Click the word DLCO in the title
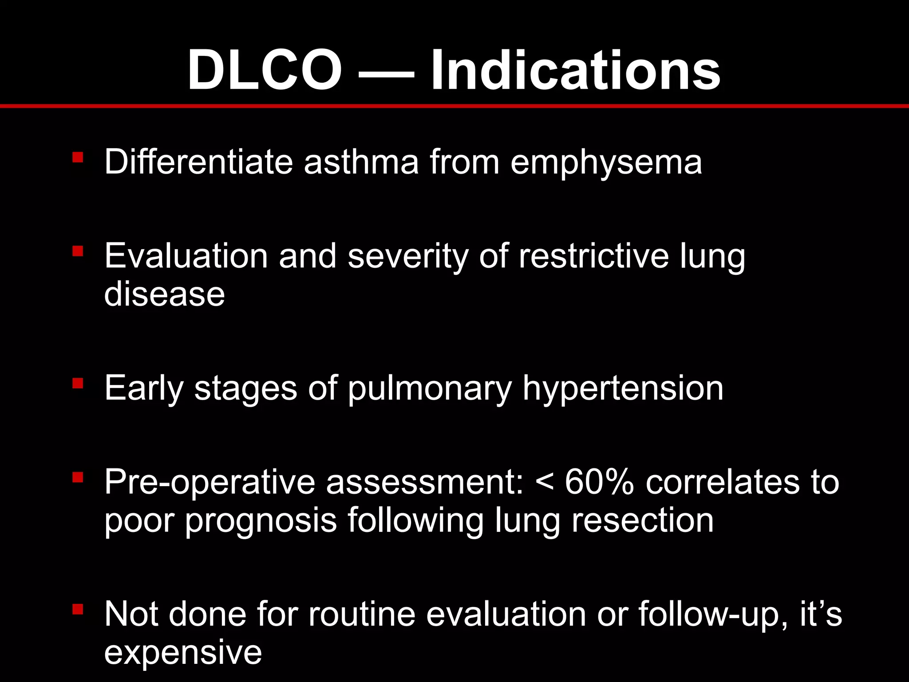point(265,70)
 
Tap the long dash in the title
point(386,73)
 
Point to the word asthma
point(361,162)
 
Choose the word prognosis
point(261,521)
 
